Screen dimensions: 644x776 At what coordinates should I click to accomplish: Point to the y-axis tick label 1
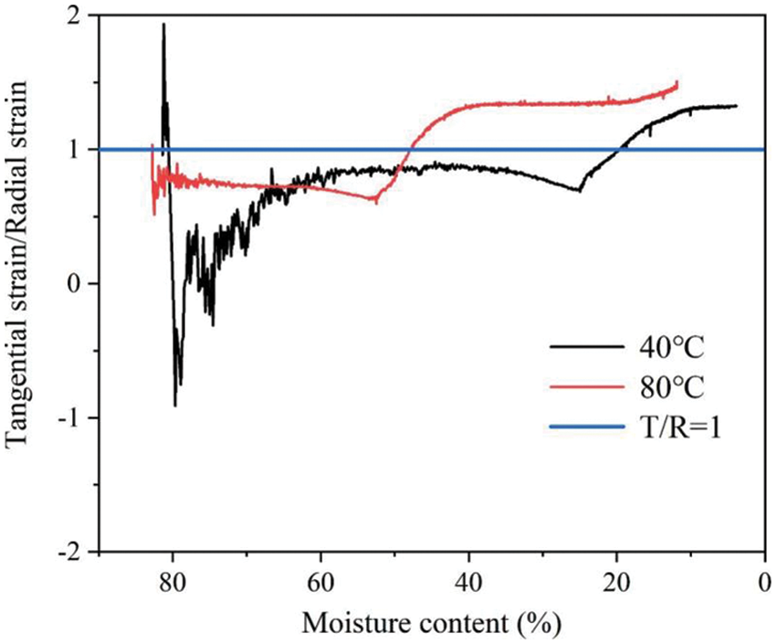(79, 150)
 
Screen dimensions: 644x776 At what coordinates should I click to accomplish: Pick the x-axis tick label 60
(320, 581)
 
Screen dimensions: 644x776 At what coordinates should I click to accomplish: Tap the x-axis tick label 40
(468, 581)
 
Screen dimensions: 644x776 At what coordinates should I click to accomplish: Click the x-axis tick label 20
(616, 581)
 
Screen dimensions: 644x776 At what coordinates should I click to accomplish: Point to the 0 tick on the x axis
(764, 581)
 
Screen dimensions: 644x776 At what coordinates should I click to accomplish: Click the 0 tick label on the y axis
(79, 284)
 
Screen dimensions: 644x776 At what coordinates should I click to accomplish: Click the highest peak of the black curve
(163, 25)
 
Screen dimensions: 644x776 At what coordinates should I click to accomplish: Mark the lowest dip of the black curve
(175, 405)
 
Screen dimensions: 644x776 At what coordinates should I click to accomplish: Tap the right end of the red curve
(677, 83)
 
